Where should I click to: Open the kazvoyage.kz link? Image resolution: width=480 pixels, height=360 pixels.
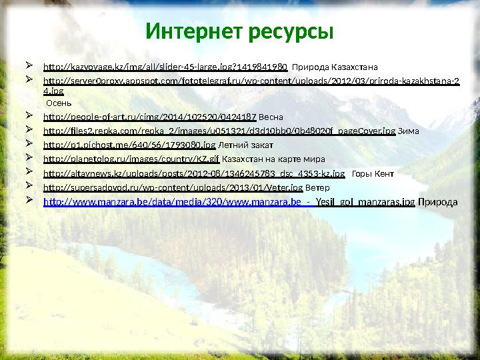coord(165,67)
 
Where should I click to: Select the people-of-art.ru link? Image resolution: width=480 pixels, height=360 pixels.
coord(149,116)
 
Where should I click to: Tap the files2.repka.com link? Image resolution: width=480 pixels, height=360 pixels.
coord(219,131)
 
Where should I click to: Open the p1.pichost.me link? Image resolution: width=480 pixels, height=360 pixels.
coord(129,145)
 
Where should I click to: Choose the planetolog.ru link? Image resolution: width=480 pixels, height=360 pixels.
coord(131,159)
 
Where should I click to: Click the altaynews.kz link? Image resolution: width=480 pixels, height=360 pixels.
coord(194,174)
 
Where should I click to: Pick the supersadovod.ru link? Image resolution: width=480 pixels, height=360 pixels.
coord(173,188)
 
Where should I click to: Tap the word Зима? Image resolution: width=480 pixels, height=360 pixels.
coord(409,131)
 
